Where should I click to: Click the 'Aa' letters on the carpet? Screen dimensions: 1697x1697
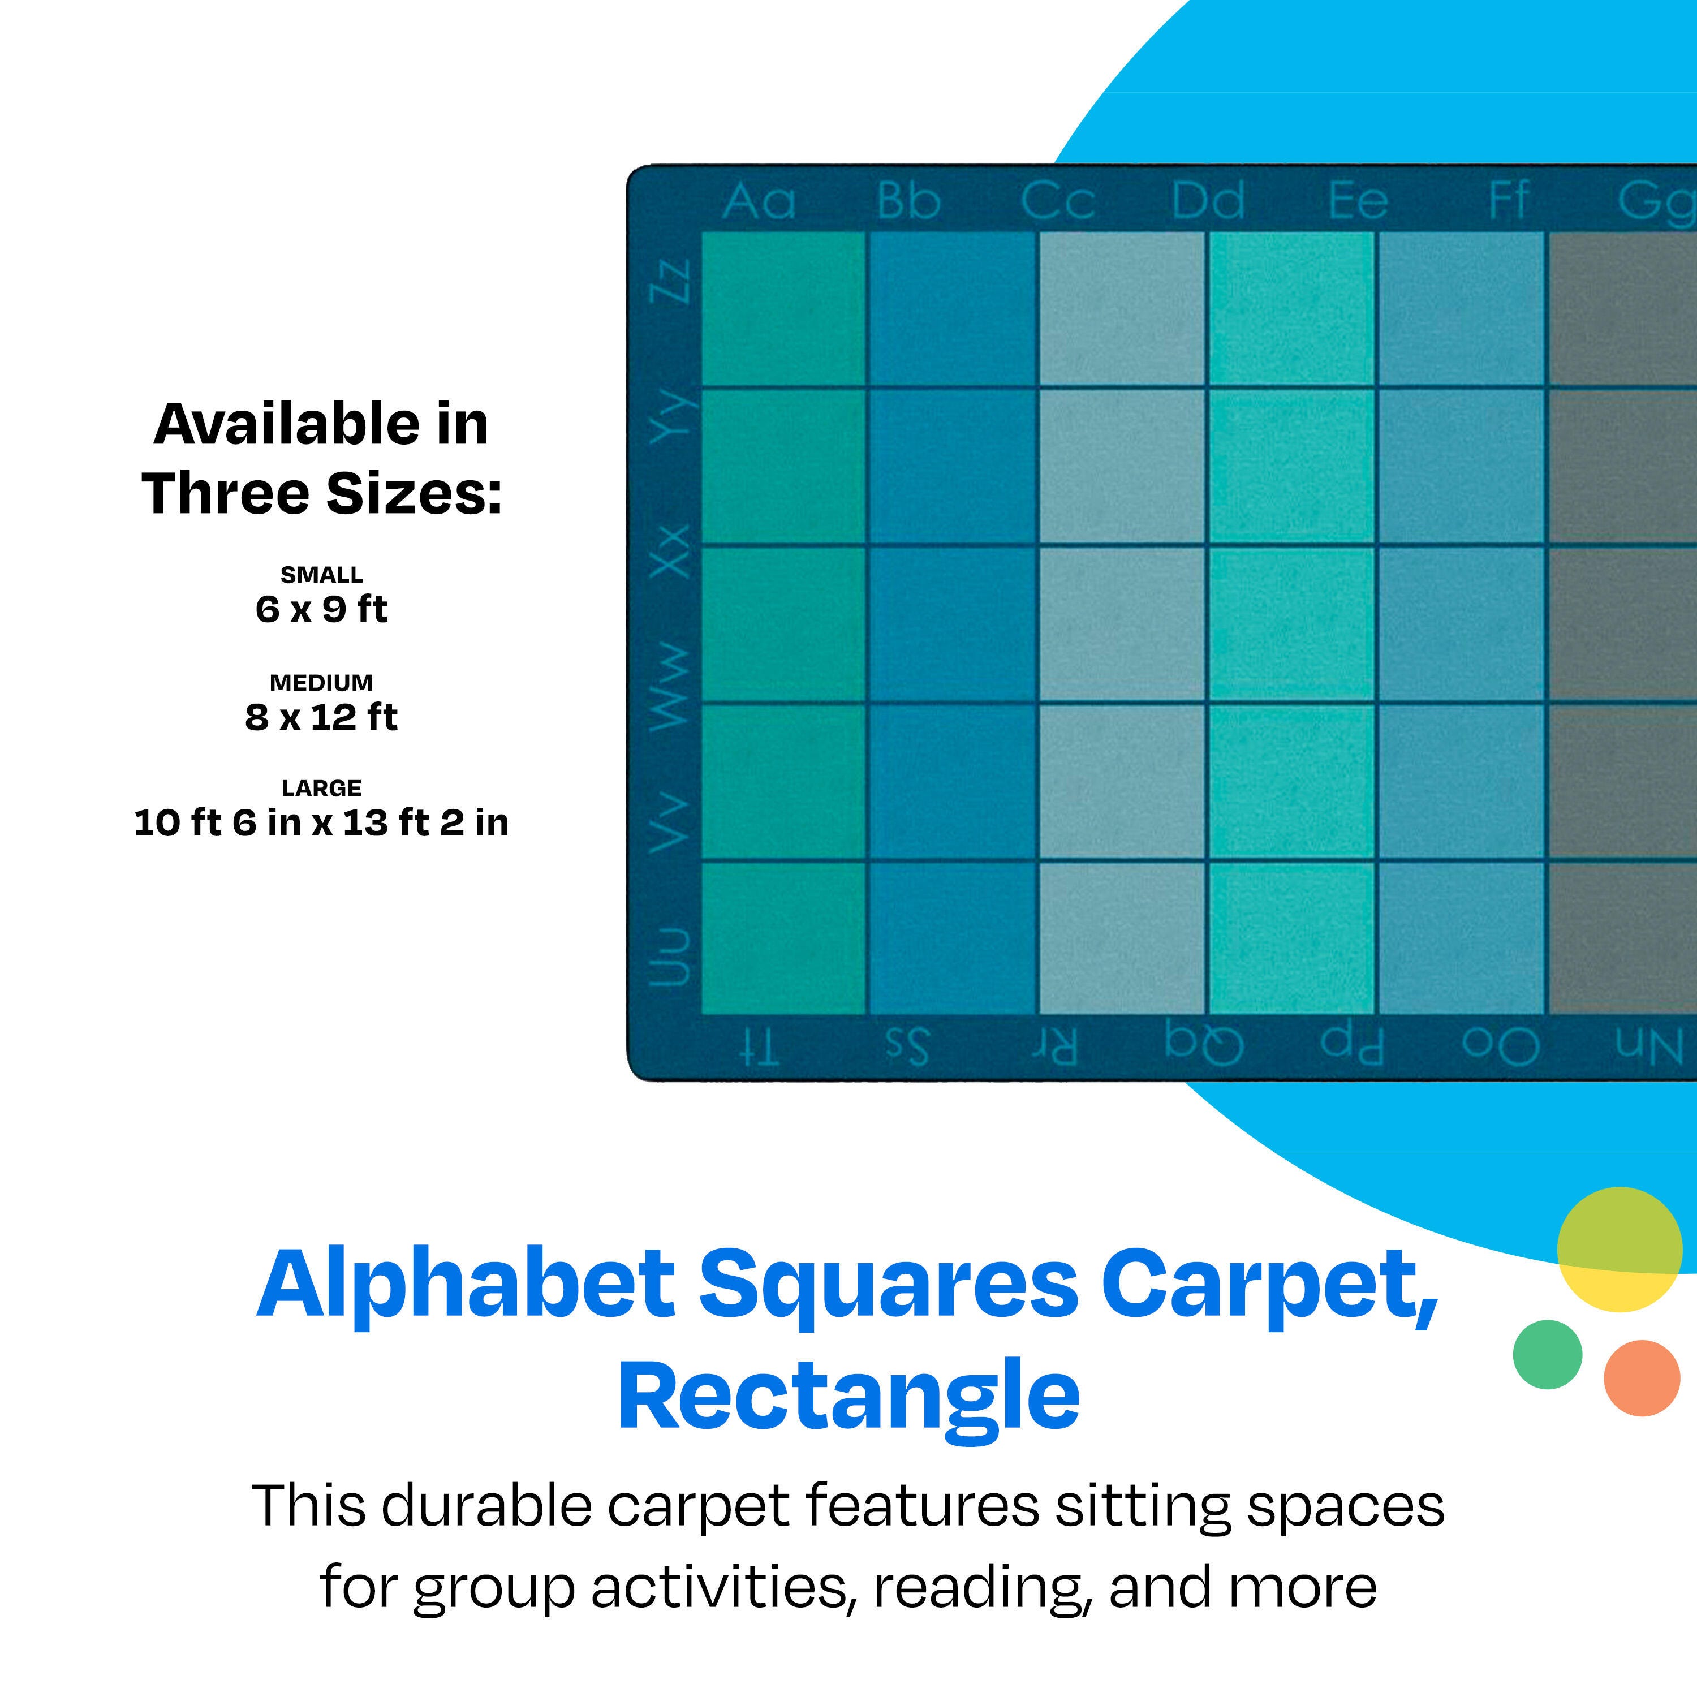[x=759, y=201]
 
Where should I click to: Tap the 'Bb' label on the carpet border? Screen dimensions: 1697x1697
[x=908, y=201]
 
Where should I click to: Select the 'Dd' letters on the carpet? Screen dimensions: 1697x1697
[x=1208, y=201]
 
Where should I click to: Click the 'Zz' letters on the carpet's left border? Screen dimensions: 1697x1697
[x=669, y=280]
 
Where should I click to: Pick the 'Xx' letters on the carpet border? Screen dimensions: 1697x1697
[x=669, y=551]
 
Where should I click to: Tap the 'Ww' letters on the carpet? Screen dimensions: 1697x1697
[x=669, y=686]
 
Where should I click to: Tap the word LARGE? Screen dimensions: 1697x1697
[x=321, y=789]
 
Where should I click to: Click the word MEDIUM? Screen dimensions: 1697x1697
[x=321, y=683]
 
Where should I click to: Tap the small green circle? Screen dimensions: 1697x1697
[x=1548, y=1354]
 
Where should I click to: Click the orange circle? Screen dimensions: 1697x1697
[x=1642, y=1378]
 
